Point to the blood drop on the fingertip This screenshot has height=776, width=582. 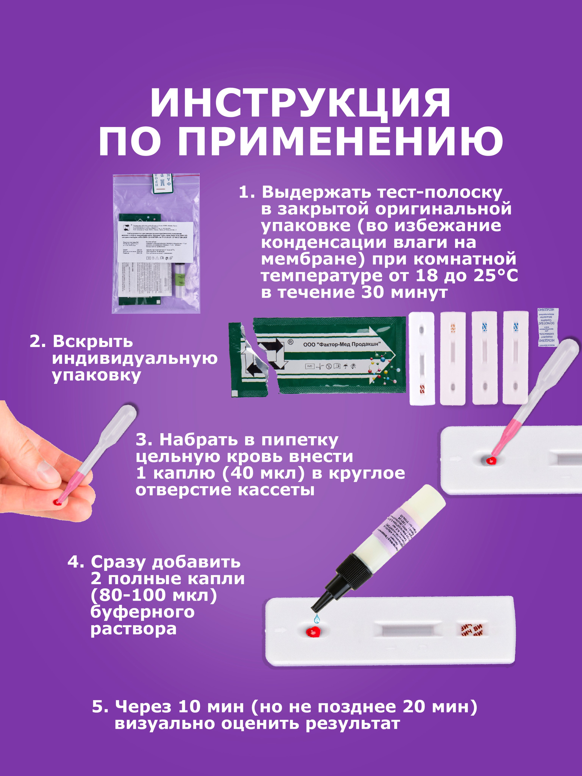pyautogui.click(x=58, y=503)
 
